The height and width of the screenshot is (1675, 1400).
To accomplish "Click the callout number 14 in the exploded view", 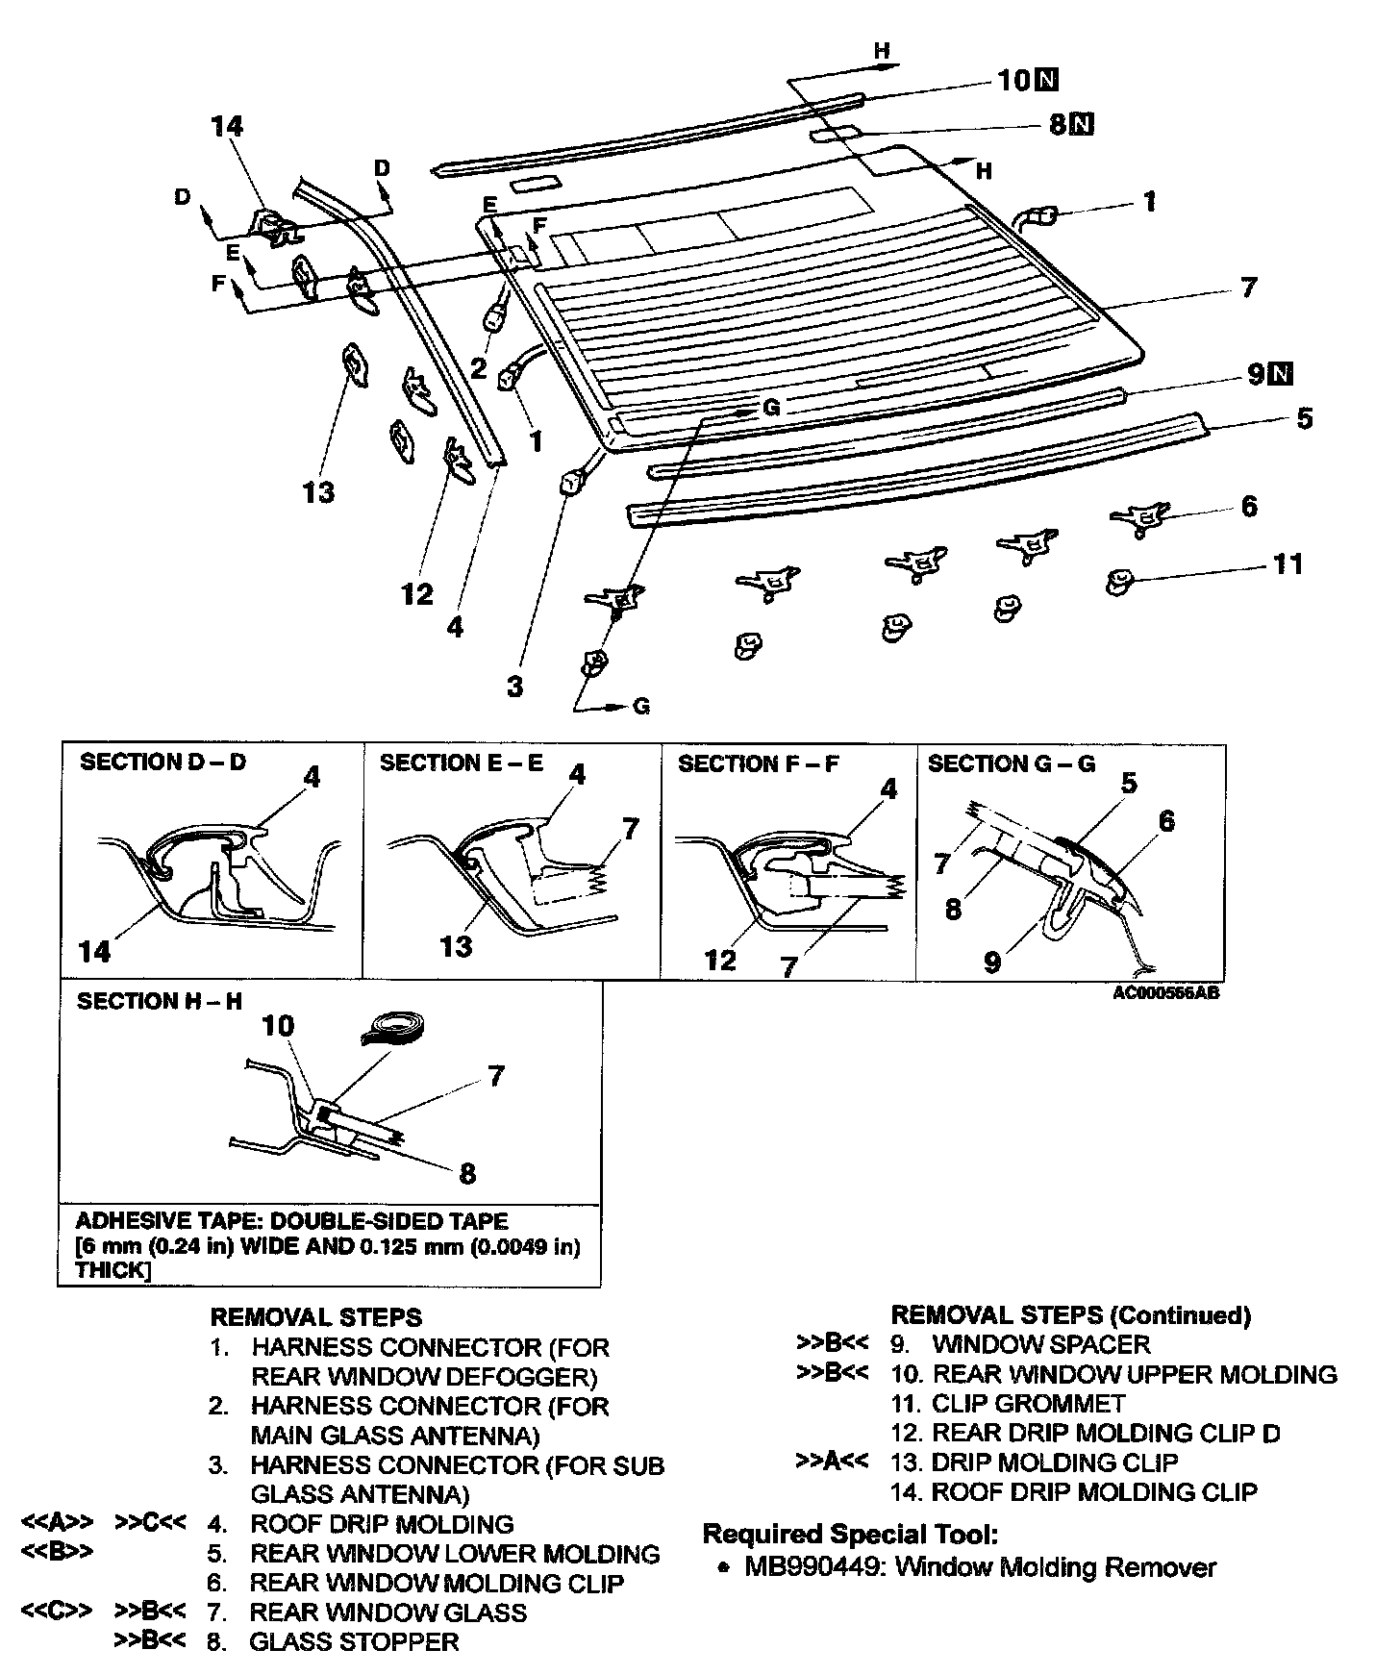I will pos(228,126).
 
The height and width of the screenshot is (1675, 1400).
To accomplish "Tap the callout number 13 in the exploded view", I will pos(318,492).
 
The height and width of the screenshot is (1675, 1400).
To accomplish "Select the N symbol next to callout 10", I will pos(1047,80).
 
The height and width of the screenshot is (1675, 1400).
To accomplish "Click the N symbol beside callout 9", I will pos(1281,374).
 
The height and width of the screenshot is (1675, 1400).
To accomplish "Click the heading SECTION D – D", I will pos(162,762).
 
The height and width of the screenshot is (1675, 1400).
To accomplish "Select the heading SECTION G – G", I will pos(1012,764).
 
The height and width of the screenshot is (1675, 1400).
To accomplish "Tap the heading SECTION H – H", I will pos(160,1001).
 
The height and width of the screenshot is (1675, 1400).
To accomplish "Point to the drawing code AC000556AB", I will pos(1165,993).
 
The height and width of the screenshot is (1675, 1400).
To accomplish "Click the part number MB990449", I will pos(815,1567).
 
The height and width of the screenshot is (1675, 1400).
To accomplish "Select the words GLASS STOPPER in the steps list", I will pos(354,1641).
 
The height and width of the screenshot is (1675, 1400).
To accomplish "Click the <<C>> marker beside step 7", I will pos(57,1612).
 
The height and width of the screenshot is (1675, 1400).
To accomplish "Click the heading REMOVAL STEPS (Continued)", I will pos(1071,1315).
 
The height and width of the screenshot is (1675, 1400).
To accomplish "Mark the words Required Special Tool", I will pos(850,1534).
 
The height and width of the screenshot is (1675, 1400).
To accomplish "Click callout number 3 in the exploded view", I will pos(515,687).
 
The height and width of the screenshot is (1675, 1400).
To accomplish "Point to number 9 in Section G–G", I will pos(992,961).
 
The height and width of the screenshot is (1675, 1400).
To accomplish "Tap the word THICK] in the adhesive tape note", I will pos(112,1270).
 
